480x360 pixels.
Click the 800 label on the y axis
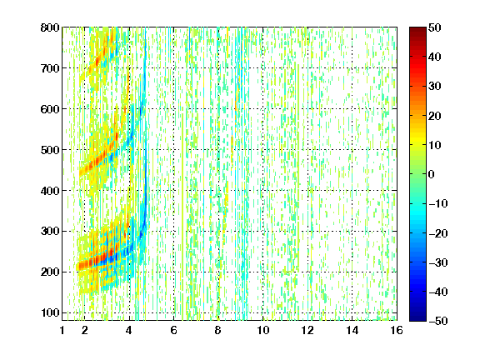(x=50, y=27)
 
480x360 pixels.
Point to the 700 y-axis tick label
(x=50, y=68)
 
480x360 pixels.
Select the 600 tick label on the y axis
(x=50, y=109)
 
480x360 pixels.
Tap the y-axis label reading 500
(x=50, y=150)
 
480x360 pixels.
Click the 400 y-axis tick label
(x=50, y=190)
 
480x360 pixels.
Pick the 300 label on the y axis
(x=50, y=231)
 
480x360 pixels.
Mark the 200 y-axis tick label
(x=50, y=272)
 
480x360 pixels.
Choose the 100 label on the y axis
(x=50, y=312)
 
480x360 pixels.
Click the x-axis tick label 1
(x=62, y=330)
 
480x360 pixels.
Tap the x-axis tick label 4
(x=129, y=330)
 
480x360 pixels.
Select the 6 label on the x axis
(x=174, y=330)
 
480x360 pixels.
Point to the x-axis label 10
(x=263, y=330)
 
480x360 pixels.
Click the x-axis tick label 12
(x=307, y=330)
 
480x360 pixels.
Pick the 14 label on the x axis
(x=352, y=330)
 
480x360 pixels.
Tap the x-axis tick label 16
(x=397, y=330)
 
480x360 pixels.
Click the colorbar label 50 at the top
(x=435, y=27)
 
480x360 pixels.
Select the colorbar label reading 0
(x=432, y=174)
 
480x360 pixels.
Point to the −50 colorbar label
(x=438, y=321)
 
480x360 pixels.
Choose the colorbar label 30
(x=435, y=87)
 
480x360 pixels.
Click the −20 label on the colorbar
(x=438, y=233)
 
